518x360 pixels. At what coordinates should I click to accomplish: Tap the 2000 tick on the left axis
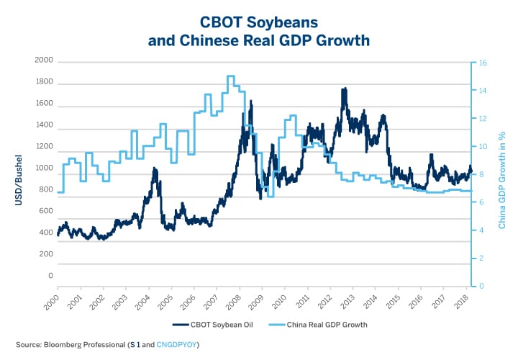[x=44, y=60]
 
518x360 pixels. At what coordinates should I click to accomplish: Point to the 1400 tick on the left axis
[x=44, y=125]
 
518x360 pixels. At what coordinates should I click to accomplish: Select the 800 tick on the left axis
[x=45, y=190]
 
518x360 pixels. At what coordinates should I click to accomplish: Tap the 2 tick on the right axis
[x=482, y=258]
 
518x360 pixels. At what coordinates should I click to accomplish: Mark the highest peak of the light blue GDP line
[x=230, y=76]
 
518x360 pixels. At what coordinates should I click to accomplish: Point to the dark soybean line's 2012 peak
[x=345, y=89]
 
